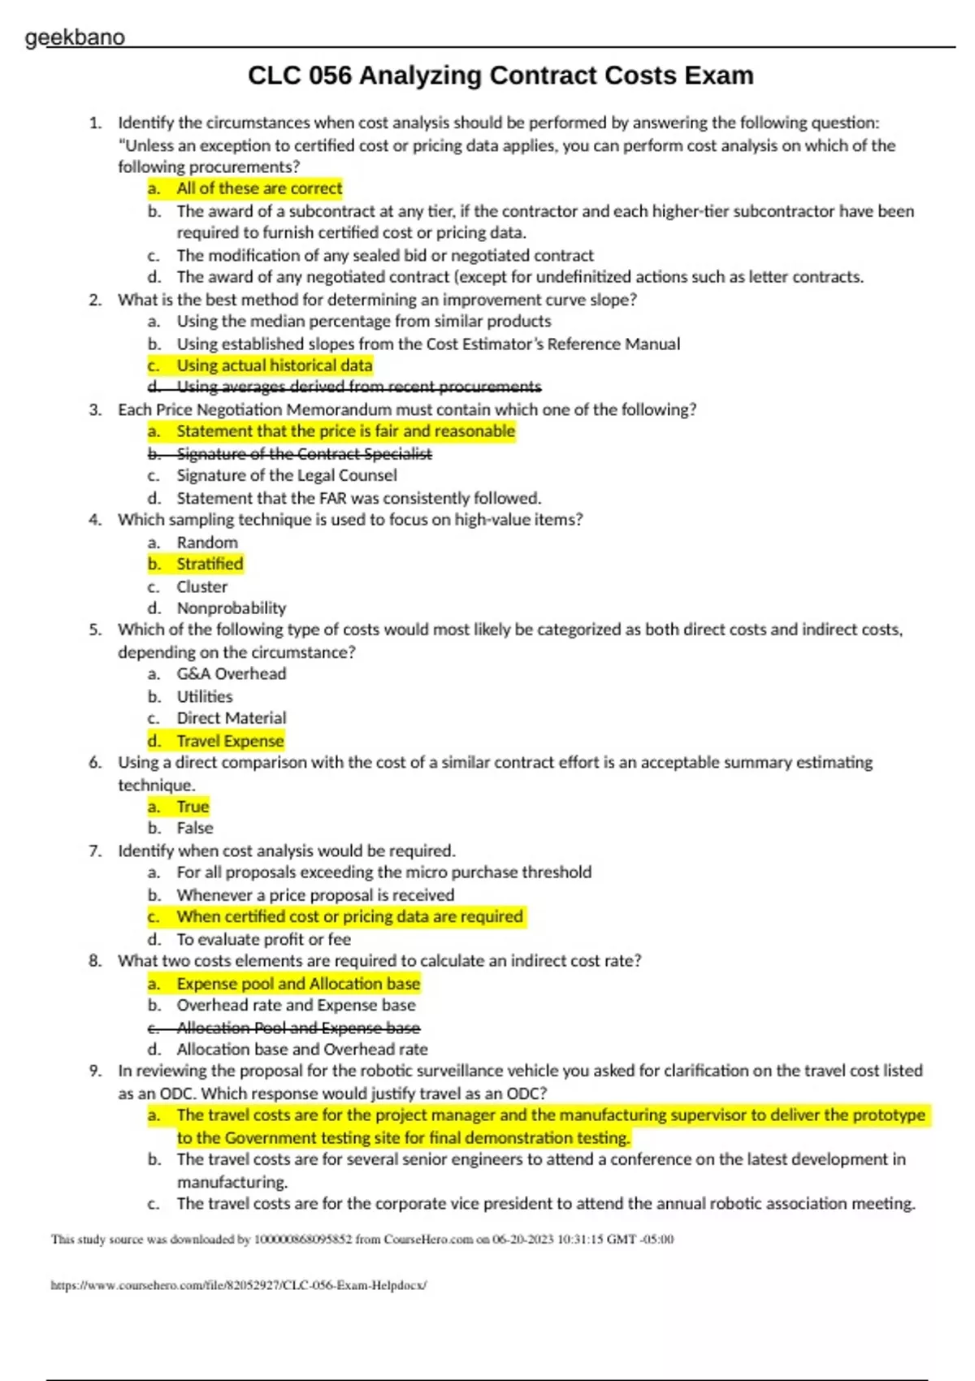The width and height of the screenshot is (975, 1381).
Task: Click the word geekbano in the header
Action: coord(75,37)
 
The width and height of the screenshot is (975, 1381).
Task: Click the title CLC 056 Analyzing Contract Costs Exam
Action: coord(500,76)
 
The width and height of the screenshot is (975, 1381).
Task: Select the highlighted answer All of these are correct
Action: coord(259,188)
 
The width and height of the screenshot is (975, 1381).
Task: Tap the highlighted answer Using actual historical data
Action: coord(275,366)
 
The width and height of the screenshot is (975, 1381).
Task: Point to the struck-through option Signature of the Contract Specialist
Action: coord(304,454)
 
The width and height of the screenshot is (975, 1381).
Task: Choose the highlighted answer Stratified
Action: coord(210,564)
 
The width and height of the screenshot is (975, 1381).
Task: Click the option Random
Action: coord(207,542)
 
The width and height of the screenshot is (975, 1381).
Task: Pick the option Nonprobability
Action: coord(232,608)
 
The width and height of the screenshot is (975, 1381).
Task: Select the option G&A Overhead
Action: coord(232,673)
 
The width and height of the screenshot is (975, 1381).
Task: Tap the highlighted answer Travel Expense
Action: coord(230,741)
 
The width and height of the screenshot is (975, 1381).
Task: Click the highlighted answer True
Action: coord(193,807)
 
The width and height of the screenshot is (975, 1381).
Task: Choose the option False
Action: coord(195,828)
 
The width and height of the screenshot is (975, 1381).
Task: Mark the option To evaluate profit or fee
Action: coord(264,939)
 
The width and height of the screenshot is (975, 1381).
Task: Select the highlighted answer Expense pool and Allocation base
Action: coord(298,984)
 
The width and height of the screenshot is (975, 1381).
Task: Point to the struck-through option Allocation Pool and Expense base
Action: coord(298,1028)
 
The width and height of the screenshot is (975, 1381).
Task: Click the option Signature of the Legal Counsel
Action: coord(287,475)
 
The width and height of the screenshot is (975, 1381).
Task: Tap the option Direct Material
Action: coord(232,718)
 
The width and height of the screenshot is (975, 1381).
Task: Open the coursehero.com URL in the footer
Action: coord(238,1285)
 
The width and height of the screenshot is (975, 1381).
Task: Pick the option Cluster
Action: coord(202,587)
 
